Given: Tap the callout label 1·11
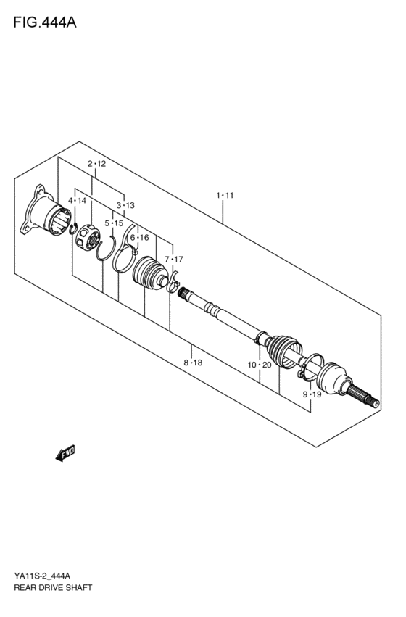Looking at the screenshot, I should (x=224, y=196).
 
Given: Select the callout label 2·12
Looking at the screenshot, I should (x=97, y=164).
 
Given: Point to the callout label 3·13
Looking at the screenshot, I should (x=125, y=206).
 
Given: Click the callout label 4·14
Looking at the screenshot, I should (x=78, y=200).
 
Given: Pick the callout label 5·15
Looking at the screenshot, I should (x=113, y=223).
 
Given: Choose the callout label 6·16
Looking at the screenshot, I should (x=139, y=238).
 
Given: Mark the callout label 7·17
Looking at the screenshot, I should (x=173, y=259).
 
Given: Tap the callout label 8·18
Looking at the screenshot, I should (x=193, y=363).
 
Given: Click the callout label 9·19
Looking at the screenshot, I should (x=312, y=394).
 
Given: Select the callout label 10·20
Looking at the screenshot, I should (x=259, y=365).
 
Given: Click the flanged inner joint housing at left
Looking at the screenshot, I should (x=48, y=214).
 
